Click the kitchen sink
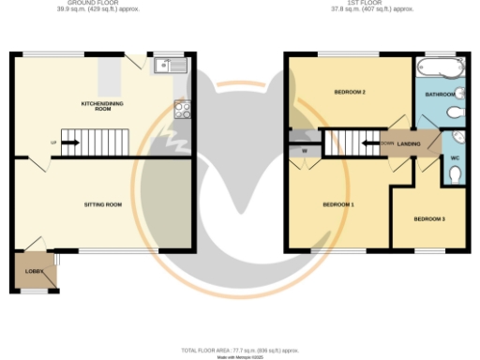pos(172,65)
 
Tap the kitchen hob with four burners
pos(182,110)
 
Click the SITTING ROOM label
pos(103,203)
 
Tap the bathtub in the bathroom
pos(438,68)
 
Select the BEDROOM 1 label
pos(337,203)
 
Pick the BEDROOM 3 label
pos(428,218)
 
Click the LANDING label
pos(409,143)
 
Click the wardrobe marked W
pos(304,149)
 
